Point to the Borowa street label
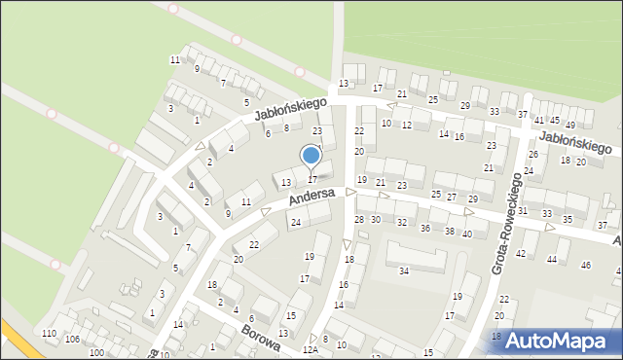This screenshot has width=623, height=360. [261, 339]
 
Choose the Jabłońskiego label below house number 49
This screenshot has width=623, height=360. [574, 142]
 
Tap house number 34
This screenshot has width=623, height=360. [404, 270]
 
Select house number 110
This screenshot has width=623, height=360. [50, 334]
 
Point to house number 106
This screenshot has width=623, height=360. [72, 339]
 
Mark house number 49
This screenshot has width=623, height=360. [570, 126]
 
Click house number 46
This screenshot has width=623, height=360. [586, 265]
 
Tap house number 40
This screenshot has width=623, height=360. [467, 234]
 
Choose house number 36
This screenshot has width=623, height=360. [424, 228]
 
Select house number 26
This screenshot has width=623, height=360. [532, 154]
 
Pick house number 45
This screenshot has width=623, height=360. [555, 121]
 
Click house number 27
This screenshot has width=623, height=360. [452, 197]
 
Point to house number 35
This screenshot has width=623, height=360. [568, 219]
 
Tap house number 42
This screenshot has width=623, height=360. [520, 253]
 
